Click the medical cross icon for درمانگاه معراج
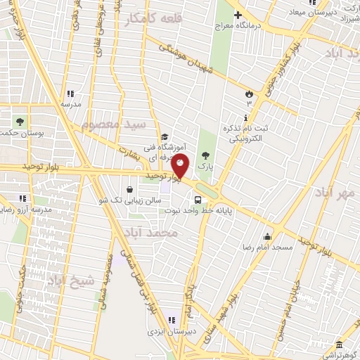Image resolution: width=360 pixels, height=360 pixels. [238, 15]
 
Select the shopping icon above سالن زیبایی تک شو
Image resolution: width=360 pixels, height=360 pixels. [130, 189]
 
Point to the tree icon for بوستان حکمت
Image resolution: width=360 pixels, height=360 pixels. [19, 121]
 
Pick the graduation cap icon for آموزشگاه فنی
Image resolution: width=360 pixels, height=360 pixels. [165, 138]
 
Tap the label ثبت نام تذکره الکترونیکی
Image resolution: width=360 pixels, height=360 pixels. [245, 134]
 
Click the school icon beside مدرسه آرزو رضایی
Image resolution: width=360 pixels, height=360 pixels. [22, 198]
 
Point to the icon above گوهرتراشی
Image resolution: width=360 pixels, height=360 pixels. [339, 345]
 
